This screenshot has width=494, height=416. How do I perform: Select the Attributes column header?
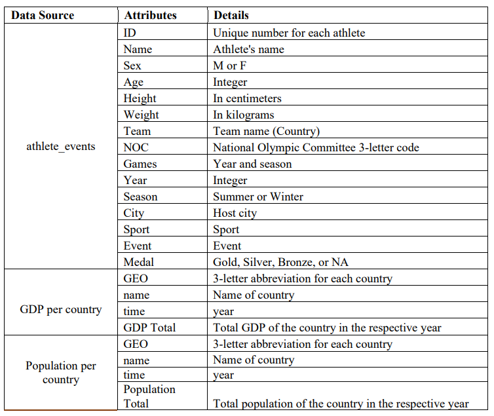(150, 15)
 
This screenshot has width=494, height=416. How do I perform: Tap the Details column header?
(231, 15)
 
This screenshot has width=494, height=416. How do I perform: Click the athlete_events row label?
(60, 146)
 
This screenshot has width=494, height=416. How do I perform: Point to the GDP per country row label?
(60, 309)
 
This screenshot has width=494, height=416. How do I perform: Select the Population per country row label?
(60, 373)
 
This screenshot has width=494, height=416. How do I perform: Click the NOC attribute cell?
(136, 147)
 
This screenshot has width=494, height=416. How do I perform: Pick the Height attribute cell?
(140, 98)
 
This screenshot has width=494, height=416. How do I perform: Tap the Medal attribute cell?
(139, 262)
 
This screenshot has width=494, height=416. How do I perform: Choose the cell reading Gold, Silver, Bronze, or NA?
(280, 262)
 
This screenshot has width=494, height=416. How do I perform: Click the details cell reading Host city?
(235, 213)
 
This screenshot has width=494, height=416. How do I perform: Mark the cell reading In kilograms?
(243, 115)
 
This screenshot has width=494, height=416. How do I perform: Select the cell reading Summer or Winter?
(257, 197)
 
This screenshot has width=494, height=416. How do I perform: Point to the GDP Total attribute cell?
(149, 328)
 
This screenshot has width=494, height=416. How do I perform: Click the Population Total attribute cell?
(149, 396)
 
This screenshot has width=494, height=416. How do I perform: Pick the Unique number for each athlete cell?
(289, 33)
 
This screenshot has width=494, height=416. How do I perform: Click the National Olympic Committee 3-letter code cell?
(316, 147)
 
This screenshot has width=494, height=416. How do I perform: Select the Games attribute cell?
(140, 164)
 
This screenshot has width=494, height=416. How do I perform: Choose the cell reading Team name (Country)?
(266, 131)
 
